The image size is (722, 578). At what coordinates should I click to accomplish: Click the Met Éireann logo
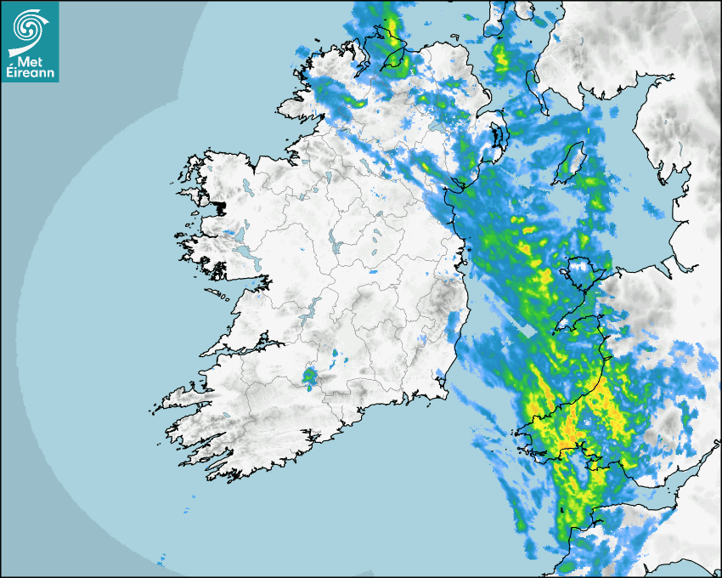pos(30,42)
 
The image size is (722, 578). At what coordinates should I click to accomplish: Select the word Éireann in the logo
pos(30,72)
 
